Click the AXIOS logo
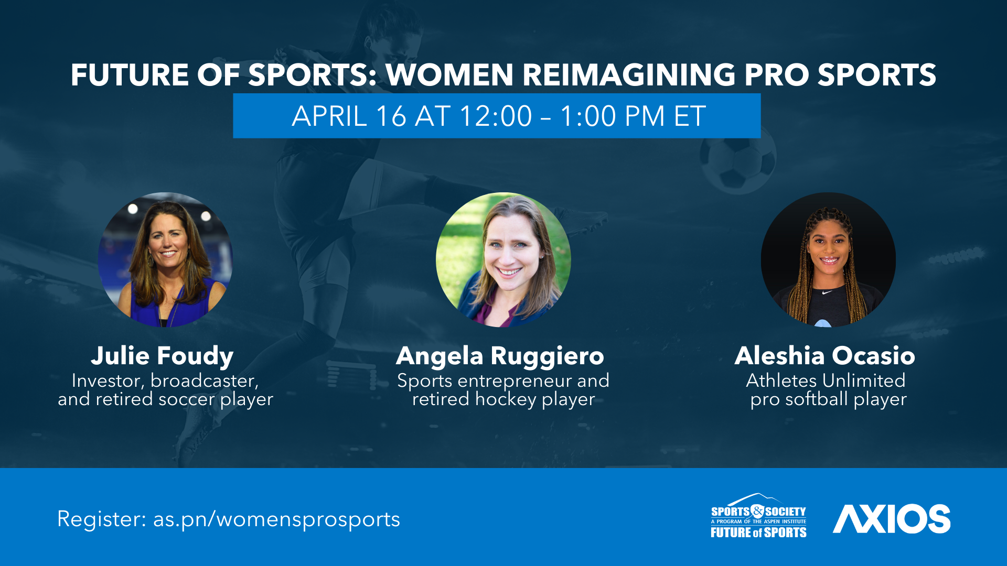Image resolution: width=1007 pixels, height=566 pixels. (892, 519)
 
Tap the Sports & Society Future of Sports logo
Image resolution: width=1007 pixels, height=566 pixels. (758, 516)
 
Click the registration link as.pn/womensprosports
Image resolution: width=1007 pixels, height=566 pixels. (276, 520)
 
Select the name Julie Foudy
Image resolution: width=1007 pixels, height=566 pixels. (162, 356)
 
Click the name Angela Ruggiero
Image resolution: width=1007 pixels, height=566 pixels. (500, 356)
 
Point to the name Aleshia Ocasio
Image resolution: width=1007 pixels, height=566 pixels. (825, 356)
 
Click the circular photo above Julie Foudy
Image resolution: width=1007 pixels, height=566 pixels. (165, 260)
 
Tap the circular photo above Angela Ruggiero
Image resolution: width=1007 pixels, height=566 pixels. (504, 260)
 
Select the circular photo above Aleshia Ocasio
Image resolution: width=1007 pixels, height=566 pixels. (829, 260)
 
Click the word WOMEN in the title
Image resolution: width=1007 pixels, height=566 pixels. (449, 75)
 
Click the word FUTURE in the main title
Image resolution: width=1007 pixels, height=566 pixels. (130, 75)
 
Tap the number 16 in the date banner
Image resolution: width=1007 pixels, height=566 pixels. (391, 116)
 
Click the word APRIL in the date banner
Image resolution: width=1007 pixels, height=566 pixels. (329, 116)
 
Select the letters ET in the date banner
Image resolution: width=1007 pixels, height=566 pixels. (690, 116)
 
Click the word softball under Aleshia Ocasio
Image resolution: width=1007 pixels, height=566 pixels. (817, 399)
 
